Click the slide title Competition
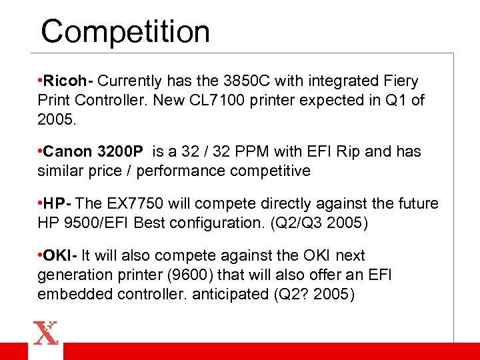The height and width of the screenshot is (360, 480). (x=125, y=31)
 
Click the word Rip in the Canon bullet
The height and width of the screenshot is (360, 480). (x=348, y=152)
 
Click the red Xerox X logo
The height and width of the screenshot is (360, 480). (x=46, y=333)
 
